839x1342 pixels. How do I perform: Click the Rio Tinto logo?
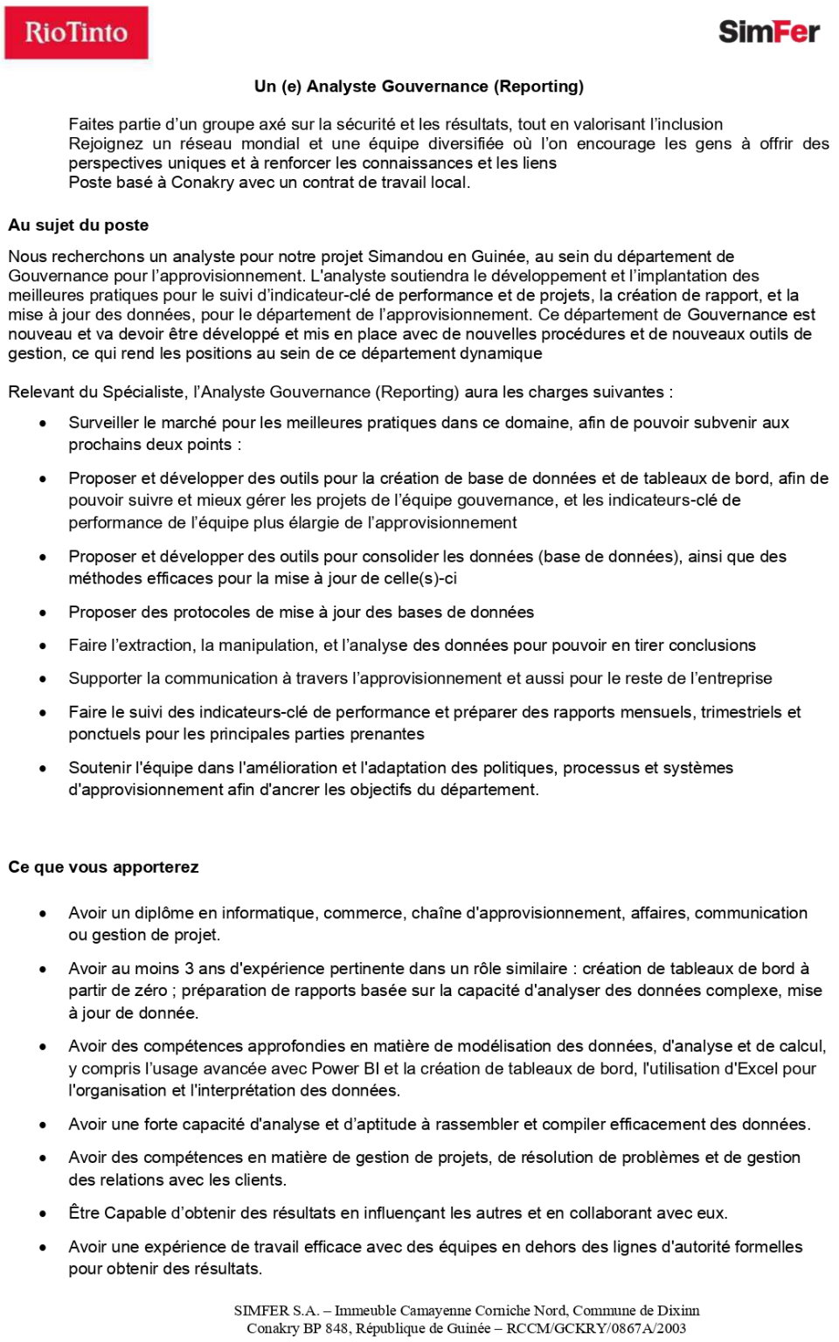pos(76,33)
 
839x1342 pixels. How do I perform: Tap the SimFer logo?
pos(768,32)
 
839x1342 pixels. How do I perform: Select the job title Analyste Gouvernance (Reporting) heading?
pos(419,86)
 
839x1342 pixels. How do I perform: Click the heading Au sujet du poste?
pos(79,225)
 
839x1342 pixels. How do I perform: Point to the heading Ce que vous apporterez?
pos(103,867)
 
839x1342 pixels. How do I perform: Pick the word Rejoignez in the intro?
pos(105,144)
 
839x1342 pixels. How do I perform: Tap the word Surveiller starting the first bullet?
pos(103,423)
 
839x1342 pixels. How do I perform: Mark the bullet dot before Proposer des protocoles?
pos(43,613)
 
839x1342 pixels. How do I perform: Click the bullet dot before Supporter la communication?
pos(43,680)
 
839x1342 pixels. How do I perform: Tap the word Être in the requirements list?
pos(85,1214)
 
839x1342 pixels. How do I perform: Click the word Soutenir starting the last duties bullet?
pos(100,768)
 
